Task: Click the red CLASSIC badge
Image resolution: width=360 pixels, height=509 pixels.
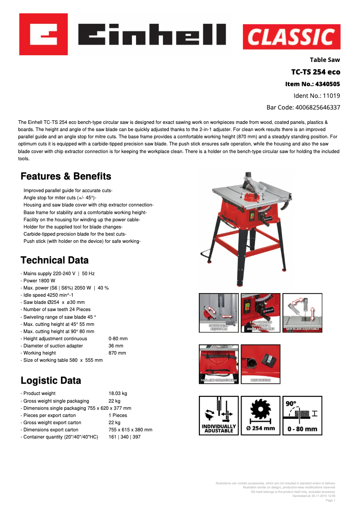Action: [x=291, y=37]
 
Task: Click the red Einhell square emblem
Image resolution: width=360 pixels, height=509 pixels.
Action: [x=44, y=34]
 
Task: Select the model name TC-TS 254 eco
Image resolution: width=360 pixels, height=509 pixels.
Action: [x=316, y=72]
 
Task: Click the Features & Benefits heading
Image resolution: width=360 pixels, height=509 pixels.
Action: [x=66, y=176]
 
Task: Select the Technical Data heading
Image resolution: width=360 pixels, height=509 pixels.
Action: [x=55, y=260]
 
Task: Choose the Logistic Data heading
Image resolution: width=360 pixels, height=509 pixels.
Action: [x=51, y=381]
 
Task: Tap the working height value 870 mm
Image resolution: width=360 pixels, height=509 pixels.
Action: [x=117, y=353]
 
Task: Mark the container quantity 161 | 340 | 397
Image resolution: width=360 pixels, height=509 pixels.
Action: [x=124, y=437]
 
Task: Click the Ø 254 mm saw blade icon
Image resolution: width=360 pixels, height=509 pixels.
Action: [x=260, y=416]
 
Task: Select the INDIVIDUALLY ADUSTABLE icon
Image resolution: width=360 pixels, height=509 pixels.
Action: [x=219, y=416]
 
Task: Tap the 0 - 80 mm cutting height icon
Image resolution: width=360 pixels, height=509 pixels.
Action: [x=302, y=416]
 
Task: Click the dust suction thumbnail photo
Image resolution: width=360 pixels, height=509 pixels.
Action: [x=260, y=364]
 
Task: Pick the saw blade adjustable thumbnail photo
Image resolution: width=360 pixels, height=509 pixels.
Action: [x=302, y=313]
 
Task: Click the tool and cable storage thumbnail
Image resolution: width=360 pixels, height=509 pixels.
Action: [x=219, y=364]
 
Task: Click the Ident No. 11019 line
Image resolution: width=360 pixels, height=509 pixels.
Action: [x=316, y=96]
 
